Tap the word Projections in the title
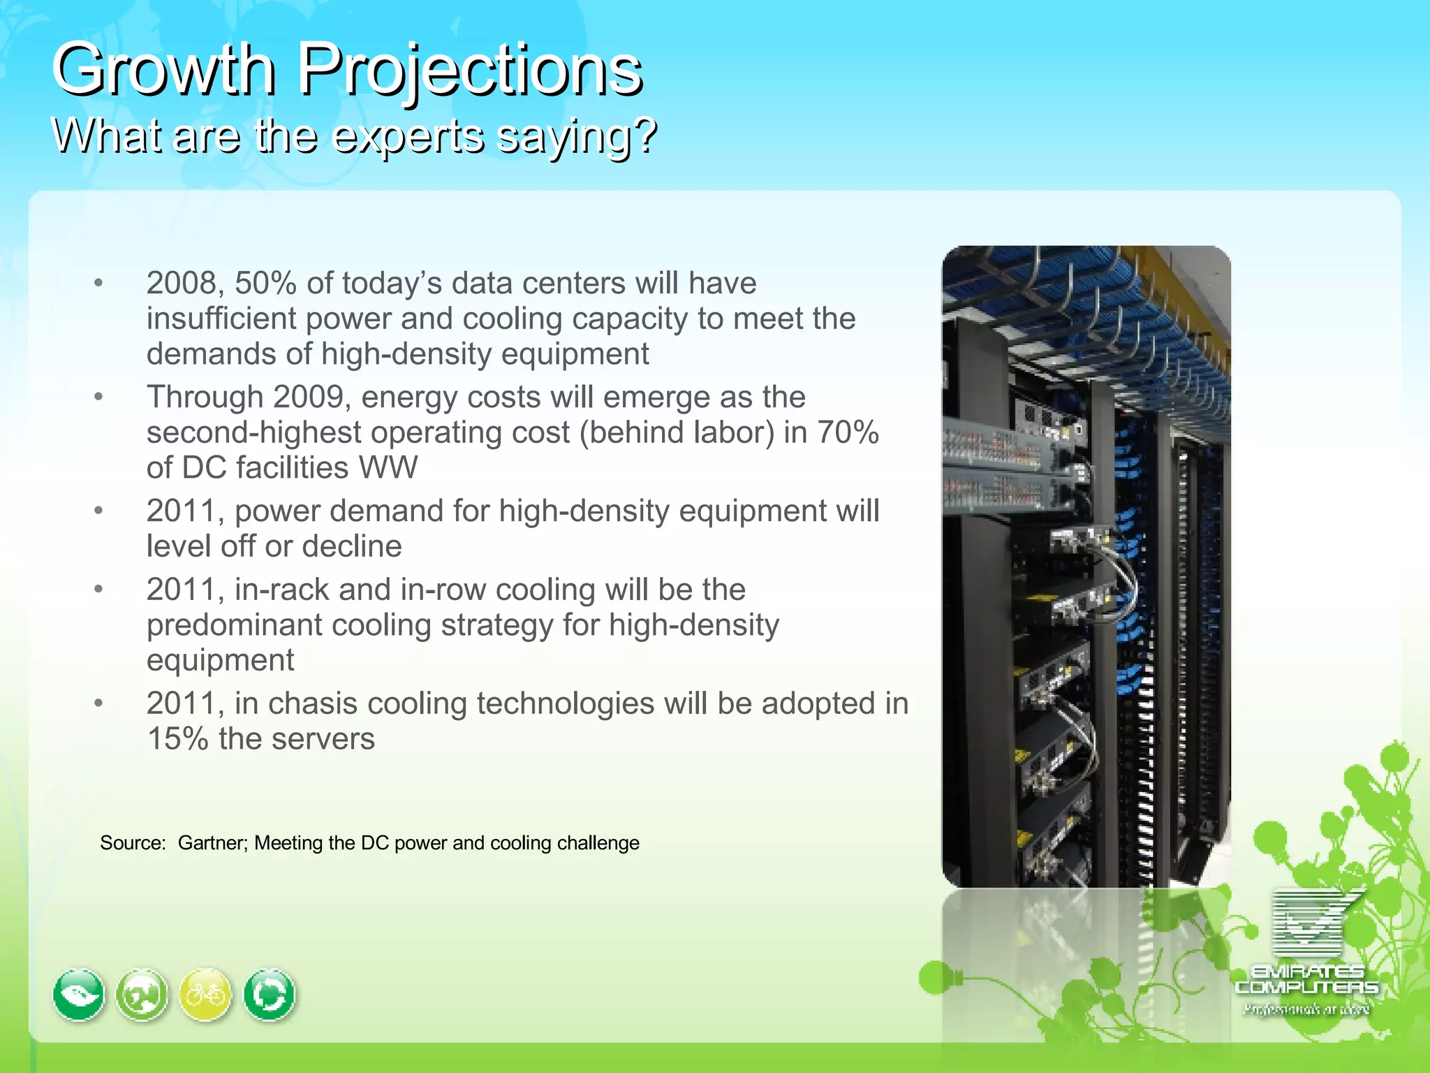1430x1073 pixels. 470,70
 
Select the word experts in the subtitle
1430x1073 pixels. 408,136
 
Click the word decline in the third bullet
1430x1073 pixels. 352,546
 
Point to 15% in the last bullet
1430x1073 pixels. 178,739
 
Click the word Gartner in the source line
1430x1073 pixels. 212,843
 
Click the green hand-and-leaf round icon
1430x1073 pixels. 79,995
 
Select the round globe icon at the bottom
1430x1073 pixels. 142,995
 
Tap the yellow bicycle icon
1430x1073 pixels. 205,995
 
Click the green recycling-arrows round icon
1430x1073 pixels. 270,995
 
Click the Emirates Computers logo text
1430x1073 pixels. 1306,979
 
